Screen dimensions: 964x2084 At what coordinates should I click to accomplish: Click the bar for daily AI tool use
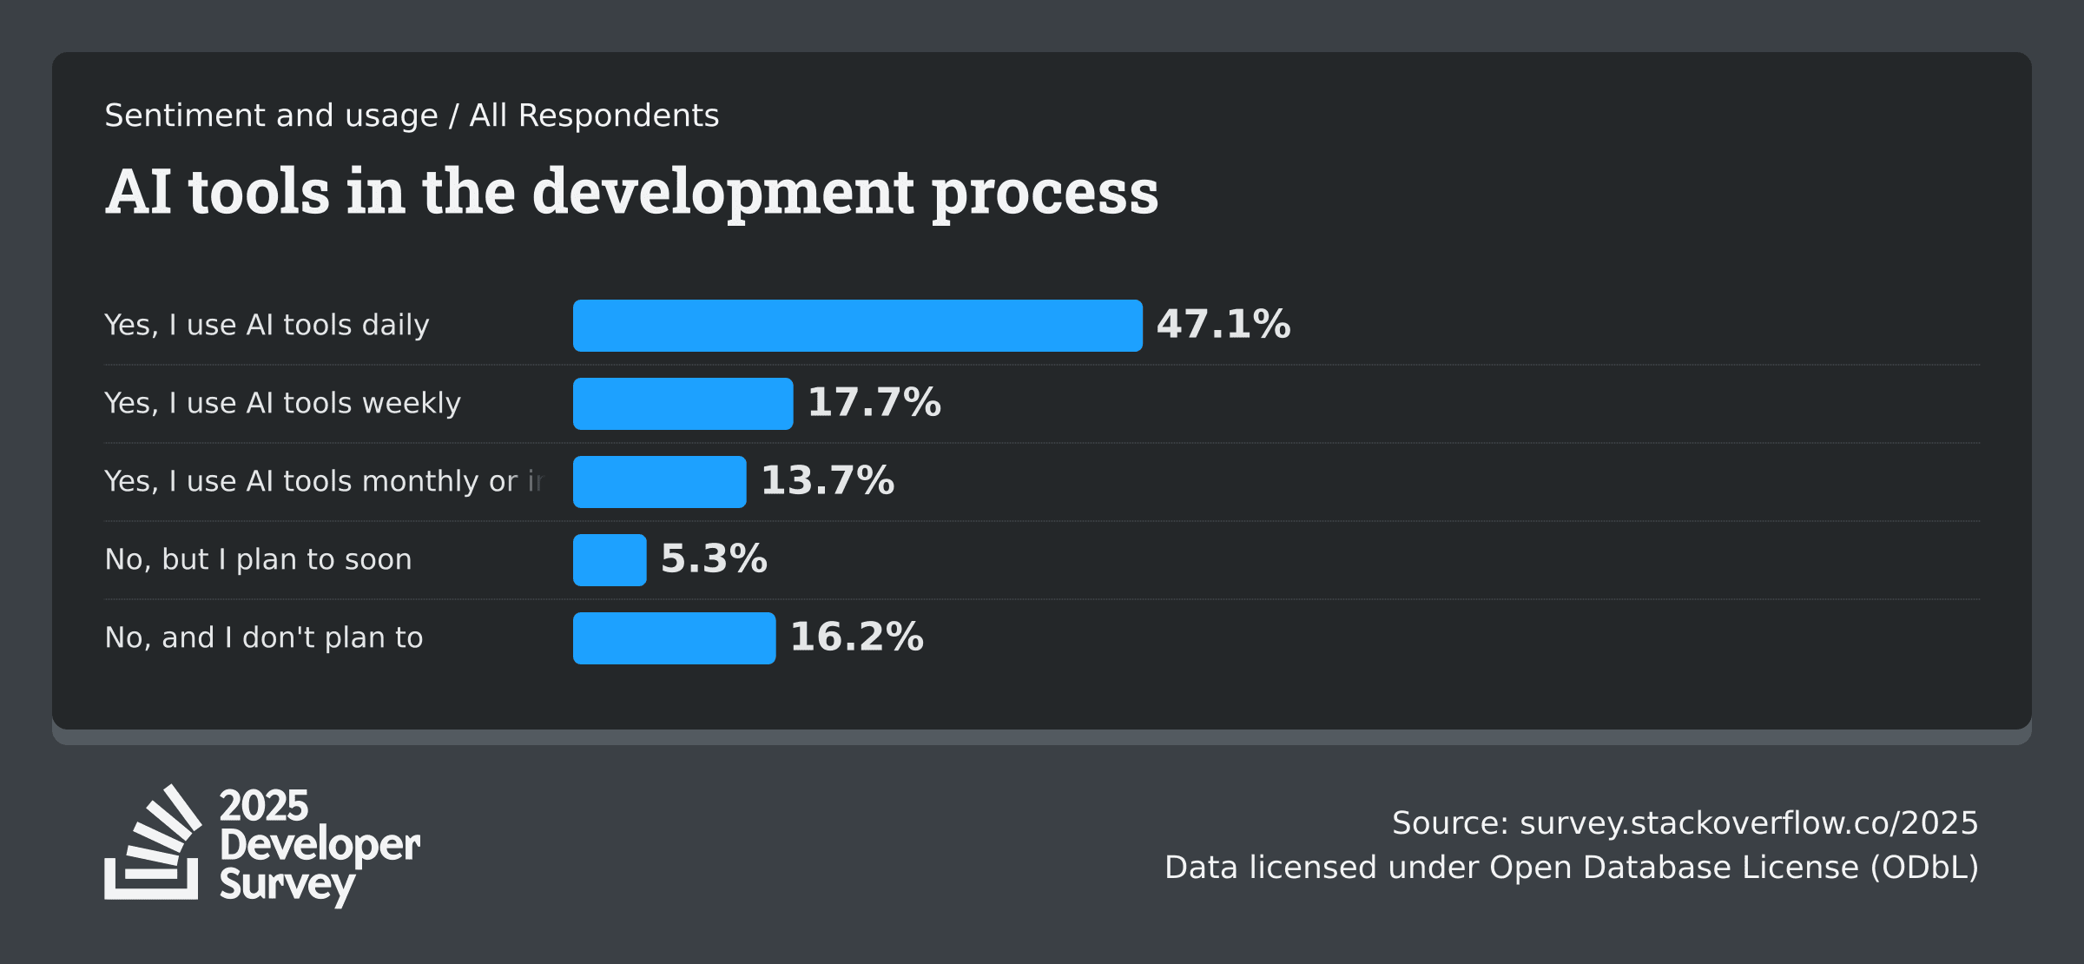(x=857, y=326)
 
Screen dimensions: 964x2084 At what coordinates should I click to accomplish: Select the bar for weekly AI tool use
(x=683, y=404)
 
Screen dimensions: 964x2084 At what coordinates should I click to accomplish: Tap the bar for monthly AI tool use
(x=659, y=482)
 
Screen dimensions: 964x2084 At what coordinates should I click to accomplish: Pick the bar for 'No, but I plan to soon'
(x=610, y=560)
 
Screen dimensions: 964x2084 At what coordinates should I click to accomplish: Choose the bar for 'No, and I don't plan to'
(x=674, y=638)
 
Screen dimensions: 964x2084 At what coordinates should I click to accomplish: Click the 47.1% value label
(x=1223, y=325)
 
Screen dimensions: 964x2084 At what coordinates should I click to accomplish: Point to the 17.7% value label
(x=874, y=403)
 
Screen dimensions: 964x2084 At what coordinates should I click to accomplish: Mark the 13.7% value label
(x=827, y=481)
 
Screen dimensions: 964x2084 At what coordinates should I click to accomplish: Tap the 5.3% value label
(x=714, y=559)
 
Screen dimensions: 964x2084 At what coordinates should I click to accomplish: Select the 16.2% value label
(x=856, y=637)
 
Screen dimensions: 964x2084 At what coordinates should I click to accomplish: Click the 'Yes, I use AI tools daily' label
(x=267, y=326)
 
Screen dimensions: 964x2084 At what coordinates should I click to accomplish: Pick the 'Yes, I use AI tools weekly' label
(x=282, y=404)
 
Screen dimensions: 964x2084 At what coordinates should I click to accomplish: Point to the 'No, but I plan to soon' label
(x=258, y=560)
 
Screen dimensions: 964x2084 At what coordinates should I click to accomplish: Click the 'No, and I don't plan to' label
(x=263, y=638)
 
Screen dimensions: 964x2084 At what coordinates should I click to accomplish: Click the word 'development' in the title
(x=722, y=193)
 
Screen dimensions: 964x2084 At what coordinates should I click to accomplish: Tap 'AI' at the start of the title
(x=138, y=192)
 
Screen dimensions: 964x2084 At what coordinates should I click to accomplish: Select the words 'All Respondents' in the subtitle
(x=594, y=116)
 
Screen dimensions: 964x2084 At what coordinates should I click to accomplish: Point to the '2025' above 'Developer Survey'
(x=263, y=806)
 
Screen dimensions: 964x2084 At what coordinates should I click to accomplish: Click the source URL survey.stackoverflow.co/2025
(x=1748, y=823)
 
